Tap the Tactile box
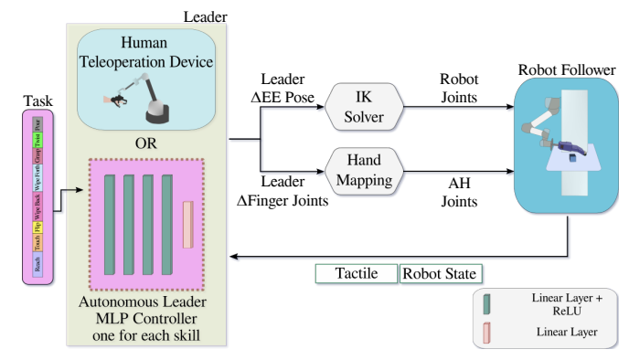[x=356, y=273]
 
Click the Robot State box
[x=440, y=273]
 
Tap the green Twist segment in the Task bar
[x=37, y=138]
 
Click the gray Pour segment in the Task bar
[x=37, y=122]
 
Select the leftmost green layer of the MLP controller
[x=109, y=224]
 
